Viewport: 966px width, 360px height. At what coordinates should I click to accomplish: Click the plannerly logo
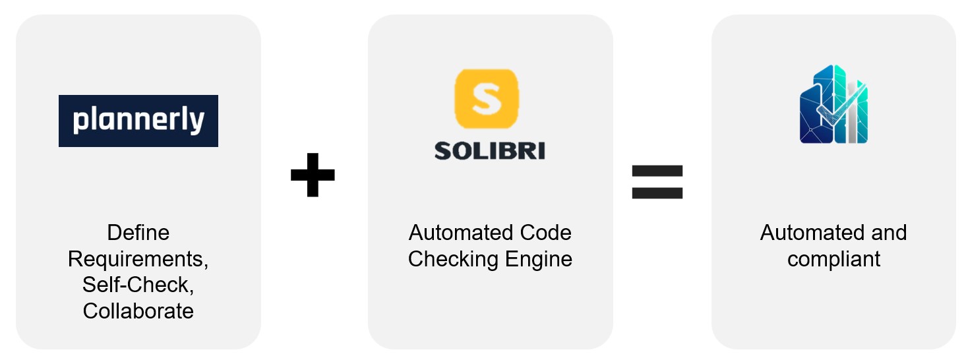[x=138, y=121]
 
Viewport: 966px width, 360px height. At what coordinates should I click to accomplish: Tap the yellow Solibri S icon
[x=487, y=99]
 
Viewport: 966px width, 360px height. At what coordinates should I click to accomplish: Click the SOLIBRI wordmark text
[x=490, y=151]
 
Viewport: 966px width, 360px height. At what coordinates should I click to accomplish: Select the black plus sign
[x=313, y=175]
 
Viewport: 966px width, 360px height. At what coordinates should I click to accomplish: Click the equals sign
[x=657, y=182]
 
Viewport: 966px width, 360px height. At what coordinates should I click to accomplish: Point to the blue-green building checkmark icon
[x=833, y=104]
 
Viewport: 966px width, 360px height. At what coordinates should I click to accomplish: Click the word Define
[x=138, y=233]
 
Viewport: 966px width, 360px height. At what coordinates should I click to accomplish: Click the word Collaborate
[x=138, y=311]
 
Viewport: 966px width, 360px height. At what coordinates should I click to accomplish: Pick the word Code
[x=545, y=233]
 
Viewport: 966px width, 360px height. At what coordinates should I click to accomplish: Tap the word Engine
[x=539, y=260]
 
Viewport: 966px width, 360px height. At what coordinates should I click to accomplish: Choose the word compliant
[x=833, y=260]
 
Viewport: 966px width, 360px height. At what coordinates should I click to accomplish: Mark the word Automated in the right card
[x=812, y=233]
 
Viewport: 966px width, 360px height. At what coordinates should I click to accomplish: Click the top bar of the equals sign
[x=657, y=171]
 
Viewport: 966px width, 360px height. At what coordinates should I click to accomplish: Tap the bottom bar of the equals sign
[x=657, y=193]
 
